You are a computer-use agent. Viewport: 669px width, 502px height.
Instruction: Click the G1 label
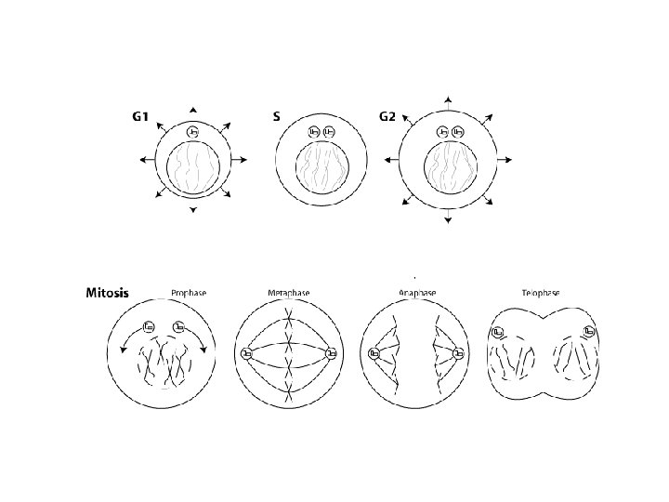coord(140,116)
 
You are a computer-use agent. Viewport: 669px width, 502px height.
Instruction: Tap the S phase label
coord(277,116)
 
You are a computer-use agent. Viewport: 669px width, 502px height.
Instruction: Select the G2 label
coord(387,116)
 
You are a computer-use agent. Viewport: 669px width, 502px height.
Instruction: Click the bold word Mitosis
coord(107,293)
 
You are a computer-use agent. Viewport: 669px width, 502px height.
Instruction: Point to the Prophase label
coord(189,293)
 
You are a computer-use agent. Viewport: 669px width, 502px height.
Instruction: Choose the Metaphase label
coord(288,293)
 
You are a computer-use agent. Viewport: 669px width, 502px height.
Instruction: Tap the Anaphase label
coord(417,293)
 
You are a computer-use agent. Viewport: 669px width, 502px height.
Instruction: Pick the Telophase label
coord(541,293)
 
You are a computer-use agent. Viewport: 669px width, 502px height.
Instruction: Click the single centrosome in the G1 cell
coord(193,132)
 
